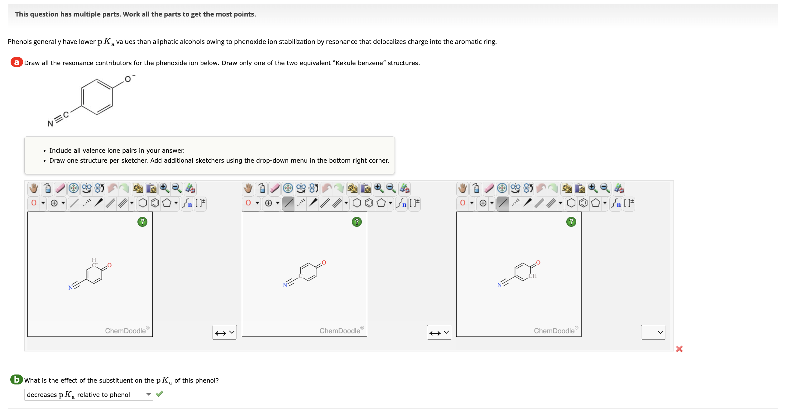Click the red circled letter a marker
[x=17, y=62]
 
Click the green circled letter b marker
[x=17, y=379]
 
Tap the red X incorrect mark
[x=679, y=349]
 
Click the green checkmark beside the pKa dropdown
[x=160, y=394]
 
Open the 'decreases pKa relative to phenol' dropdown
[x=89, y=395]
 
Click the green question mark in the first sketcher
[x=142, y=222]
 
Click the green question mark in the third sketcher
[x=571, y=222]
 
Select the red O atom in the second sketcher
[x=324, y=263]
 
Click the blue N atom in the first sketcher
[x=70, y=288]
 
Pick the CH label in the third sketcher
[x=533, y=276]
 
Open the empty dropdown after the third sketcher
[x=653, y=332]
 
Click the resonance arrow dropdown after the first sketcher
[x=224, y=332]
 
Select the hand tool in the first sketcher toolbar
[x=34, y=188]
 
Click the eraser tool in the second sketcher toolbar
[x=275, y=188]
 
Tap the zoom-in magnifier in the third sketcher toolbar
[x=593, y=188]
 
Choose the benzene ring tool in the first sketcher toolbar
[x=155, y=203]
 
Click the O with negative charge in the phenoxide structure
[x=128, y=79]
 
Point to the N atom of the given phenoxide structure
[x=50, y=124]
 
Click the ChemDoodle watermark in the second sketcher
[x=340, y=331]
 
